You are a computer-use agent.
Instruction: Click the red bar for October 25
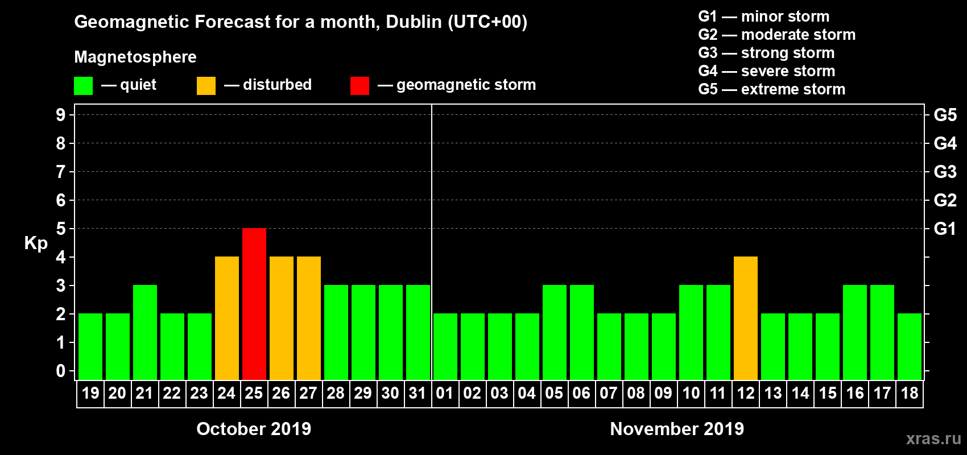click(x=254, y=304)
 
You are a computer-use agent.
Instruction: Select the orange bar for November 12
click(x=746, y=318)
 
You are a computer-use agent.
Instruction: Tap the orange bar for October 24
click(x=227, y=318)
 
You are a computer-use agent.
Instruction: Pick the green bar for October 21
click(x=145, y=332)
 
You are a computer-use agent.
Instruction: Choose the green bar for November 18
click(x=910, y=346)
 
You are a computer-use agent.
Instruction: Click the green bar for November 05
click(x=555, y=332)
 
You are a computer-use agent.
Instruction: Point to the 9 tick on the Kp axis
click(x=61, y=115)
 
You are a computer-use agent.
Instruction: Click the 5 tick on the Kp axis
click(x=61, y=229)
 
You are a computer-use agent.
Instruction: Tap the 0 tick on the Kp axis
click(x=61, y=371)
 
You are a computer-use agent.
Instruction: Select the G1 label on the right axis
click(x=945, y=229)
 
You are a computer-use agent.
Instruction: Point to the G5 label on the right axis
click(x=945, y=115)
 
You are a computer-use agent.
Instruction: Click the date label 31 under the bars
click(x=418, y=393)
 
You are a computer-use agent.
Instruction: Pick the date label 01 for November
click(x=445, y=393)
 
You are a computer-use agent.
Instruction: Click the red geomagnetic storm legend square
click(x=359, y=86)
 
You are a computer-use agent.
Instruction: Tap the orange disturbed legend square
click(x=206, y=86)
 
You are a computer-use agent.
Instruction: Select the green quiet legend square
click(x=84, y=86)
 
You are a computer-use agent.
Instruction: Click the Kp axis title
click(x=36, y=243)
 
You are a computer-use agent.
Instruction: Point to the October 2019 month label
click(x=254, y=429)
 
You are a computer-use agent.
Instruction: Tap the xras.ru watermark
click(x=933, y=439)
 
